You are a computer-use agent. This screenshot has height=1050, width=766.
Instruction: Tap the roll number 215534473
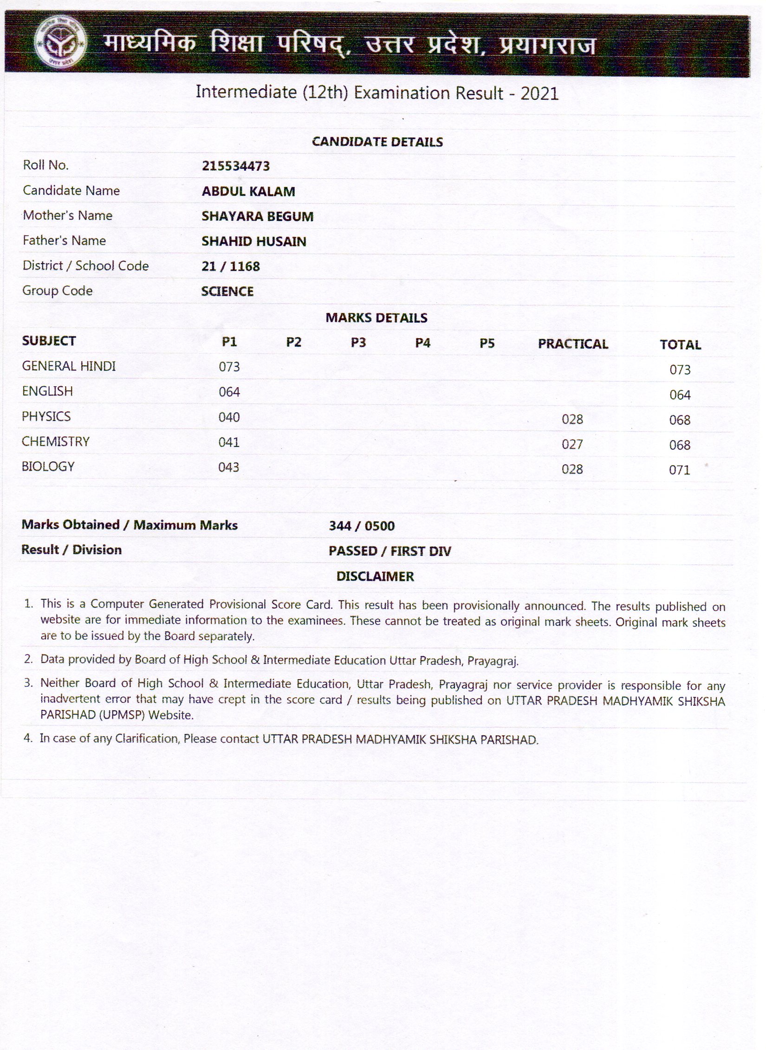(x=235, y=166)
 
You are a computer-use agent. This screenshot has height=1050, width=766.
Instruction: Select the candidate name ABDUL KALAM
(x=248, y=191)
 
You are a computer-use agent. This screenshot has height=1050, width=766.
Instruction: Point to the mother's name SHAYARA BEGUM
(x=257, y=216)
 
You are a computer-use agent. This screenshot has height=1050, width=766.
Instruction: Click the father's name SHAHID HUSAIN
(x=253, y=241)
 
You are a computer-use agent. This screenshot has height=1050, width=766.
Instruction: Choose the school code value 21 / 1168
(x=230, y=266)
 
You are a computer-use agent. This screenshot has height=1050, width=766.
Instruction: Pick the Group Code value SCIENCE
(x=227, y=292)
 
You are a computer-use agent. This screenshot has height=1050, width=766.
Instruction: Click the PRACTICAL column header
(x=573, y=344)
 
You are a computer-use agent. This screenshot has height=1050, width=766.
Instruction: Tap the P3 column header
(x=358, y=343)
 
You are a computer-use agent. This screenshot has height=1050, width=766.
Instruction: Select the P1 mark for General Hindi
(x=229, y=367)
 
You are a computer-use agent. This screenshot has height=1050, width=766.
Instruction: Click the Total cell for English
(x=680, y=395)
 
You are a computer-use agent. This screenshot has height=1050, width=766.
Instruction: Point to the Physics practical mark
(x=572, y=420)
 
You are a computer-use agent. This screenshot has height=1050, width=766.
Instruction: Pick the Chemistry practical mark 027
(x=572, y=445)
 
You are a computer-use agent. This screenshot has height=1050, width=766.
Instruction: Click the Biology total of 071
(x=680, y=470)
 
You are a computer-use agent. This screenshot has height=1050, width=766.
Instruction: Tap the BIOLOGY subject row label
(x=48, y=467)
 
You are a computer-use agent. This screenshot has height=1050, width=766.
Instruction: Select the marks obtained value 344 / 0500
(x=362, y=526)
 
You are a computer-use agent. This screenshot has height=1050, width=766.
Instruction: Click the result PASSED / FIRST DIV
(x=389, y=551)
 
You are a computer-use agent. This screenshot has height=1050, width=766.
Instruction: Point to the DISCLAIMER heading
(x=375, y=577)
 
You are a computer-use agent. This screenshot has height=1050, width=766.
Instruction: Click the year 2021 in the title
(x=539, y=94)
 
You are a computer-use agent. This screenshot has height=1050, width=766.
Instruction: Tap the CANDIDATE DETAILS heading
(x=377, y=142)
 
